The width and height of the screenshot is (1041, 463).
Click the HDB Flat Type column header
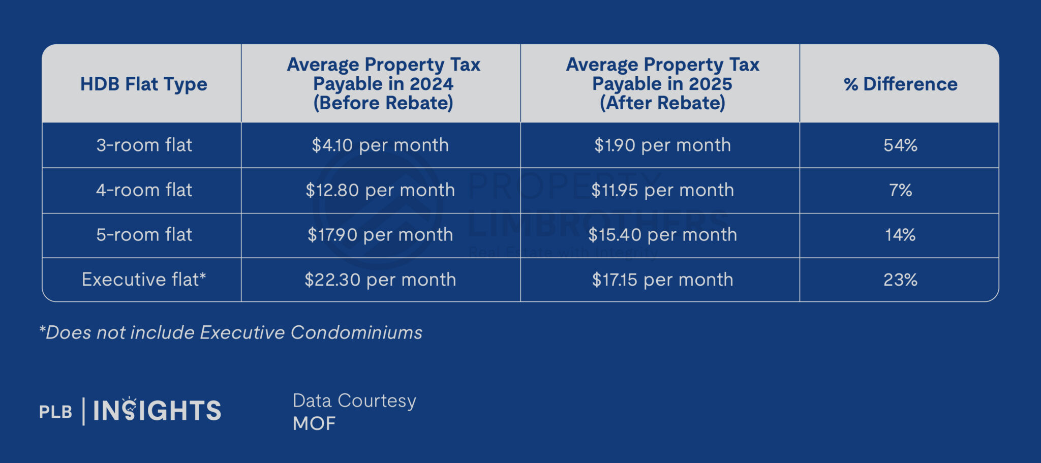click(x=144, y=84)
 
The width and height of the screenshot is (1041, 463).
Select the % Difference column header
click(x=900, y=84)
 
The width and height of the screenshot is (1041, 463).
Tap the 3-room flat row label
click(x=144, y=145)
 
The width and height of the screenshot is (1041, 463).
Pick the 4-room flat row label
click(x=144, y=190)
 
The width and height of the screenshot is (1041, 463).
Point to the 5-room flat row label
click(x=144, y=235)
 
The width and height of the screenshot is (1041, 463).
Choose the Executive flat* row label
click(x=144, y=280)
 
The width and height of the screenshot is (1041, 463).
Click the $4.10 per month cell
click(x=380, y=145)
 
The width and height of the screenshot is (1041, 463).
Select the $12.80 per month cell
click(x=380, y=190)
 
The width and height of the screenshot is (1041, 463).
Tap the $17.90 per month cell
click(x=380, y=235)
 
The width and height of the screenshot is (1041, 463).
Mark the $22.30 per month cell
click(x=380, y=280)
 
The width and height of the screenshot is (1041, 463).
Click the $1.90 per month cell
click(x=662, y=145)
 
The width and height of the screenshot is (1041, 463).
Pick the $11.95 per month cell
click(x=662, y=190)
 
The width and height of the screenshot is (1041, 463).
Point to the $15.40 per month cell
click(x=662, y=235)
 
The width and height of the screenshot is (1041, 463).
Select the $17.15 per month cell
click(x=662, y=280)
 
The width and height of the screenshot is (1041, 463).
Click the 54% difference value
click(x=900, y=145)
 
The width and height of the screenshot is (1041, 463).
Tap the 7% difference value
click(x=900, y=190)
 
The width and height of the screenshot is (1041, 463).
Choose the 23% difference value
click(x=900, y=280)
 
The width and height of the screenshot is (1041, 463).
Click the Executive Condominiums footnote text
click(x=231, y=332)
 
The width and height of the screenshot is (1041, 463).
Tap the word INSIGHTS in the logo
click(x=157, y=411)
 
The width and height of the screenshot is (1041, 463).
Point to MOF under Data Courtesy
click(x=314, y=423)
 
